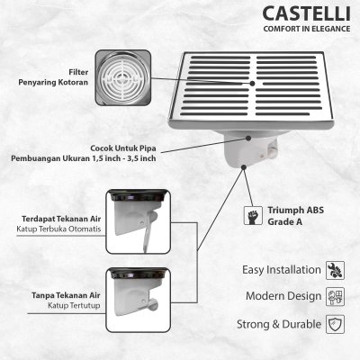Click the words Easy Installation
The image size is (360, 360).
(x=282, y=269)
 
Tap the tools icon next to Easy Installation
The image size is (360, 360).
(x=335, y=269)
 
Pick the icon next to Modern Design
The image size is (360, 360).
(x=335, y=295)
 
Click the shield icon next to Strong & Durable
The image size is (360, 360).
(x=335, y=322)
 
